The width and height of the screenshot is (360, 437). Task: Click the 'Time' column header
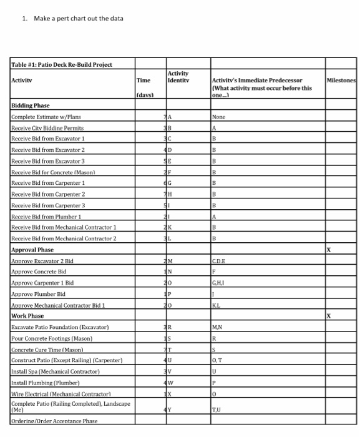pos(143,81)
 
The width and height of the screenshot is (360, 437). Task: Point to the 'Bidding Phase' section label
pos(31,106)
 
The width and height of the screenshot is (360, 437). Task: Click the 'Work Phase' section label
pos(27,317)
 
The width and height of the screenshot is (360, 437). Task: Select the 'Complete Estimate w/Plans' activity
pos(46,116)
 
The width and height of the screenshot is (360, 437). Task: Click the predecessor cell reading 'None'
pos(218,116)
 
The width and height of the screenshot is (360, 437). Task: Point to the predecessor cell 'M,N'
pos(218,327)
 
